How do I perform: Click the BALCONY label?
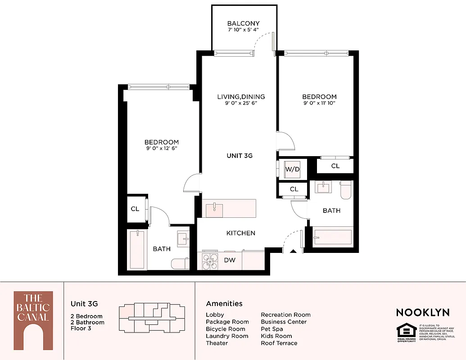click(243, 24)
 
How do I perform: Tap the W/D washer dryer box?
click(292, 169)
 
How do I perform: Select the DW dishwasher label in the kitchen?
click(229, 260)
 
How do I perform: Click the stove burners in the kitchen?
click(208, 261)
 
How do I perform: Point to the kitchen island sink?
click(214, 209)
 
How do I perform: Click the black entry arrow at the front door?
click(293, 252)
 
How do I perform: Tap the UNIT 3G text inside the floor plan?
click(239, 156)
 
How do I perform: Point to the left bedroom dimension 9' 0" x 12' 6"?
click(162, 148)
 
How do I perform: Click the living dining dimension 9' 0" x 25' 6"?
click(241, 103)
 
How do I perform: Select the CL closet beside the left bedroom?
click(135, 209)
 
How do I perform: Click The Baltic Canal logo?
click(33, 320)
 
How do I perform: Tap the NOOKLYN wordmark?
click(422, 312)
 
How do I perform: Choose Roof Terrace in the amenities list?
click(279, 343)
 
